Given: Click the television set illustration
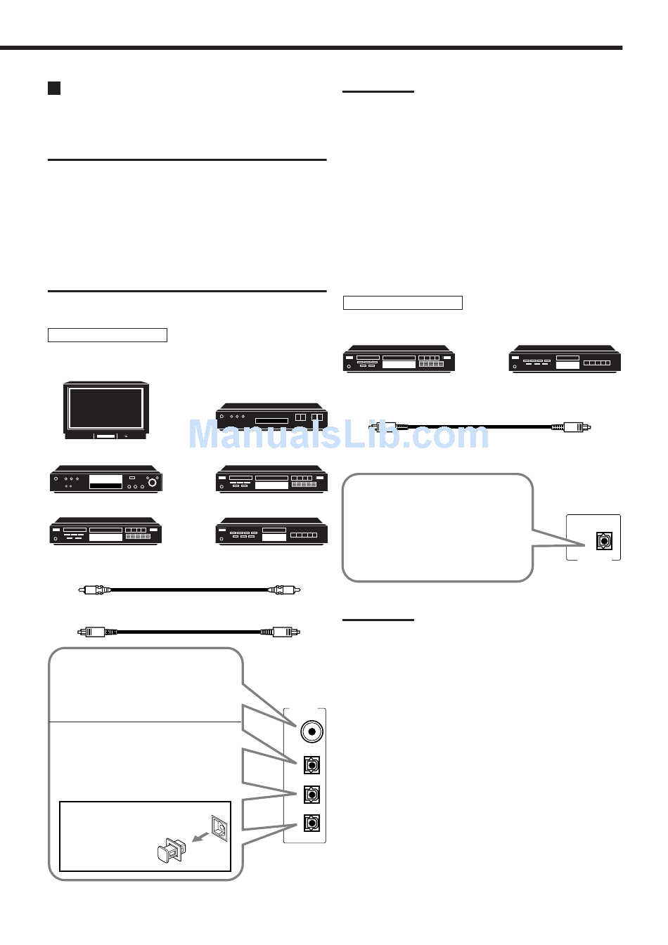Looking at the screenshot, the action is point(106,410).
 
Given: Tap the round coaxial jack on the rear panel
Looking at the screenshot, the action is point(311,731).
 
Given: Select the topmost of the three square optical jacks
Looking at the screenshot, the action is point(311,764).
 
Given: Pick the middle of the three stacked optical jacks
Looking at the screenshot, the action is point(311,794).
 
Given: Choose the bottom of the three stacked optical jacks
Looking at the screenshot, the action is point(311,823).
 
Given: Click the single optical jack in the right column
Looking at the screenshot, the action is point(603,540).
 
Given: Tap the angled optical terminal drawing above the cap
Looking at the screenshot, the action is point(219,828).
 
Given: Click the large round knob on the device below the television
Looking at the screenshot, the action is point(151,482).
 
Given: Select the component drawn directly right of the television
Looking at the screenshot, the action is point(271,417).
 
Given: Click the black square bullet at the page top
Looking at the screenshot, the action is point(54,88).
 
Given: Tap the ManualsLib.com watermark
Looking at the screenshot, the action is point(338,434).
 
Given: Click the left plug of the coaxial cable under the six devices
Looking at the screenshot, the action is point(95,589).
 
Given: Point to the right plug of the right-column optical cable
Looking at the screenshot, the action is point(575,426).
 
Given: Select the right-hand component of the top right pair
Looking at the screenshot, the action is point(564,360).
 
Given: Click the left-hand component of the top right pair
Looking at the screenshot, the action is point(399,360).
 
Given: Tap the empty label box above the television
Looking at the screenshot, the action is point(108,335).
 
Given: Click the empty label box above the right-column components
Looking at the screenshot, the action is point(403,303).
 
